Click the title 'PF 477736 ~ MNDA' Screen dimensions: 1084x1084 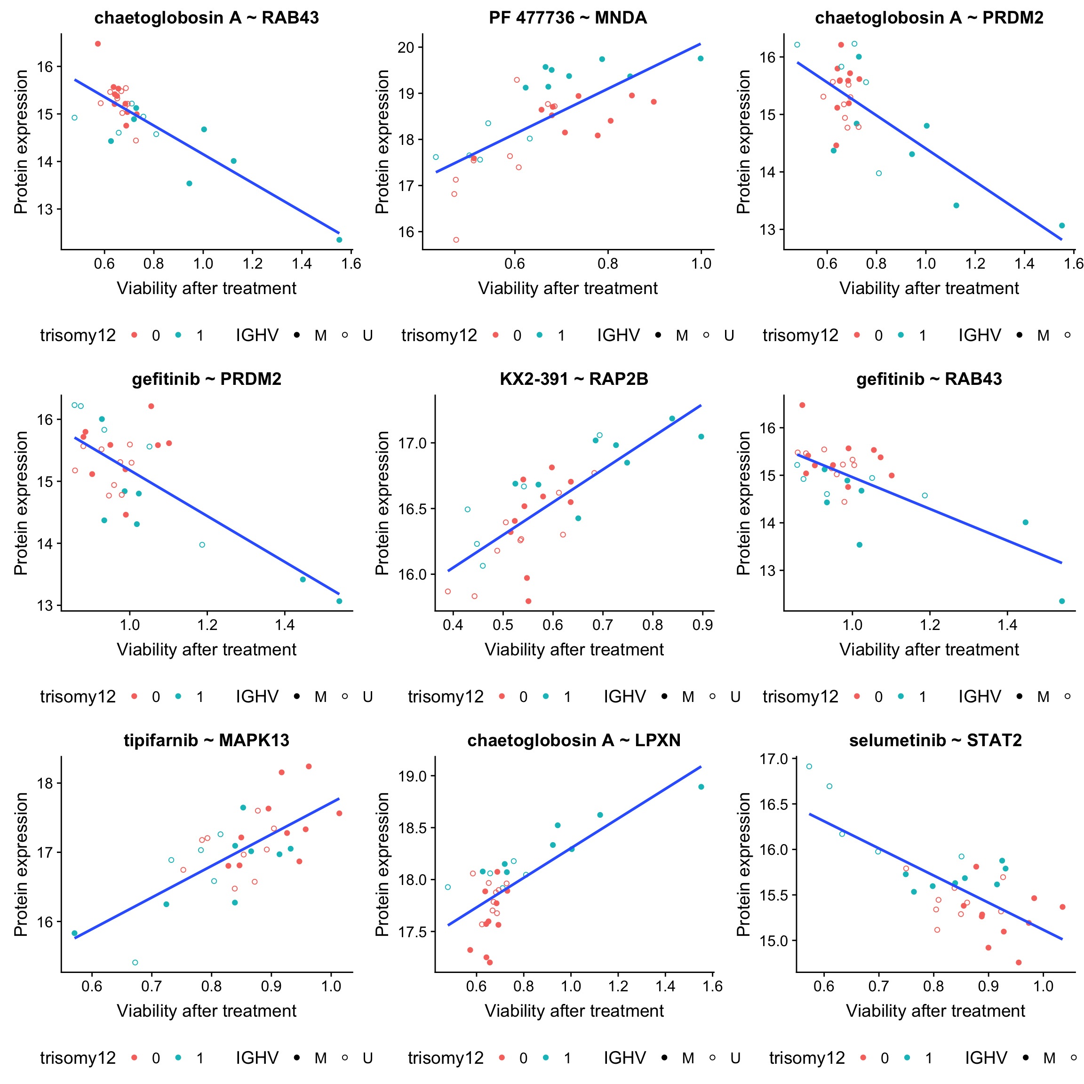coord(567,18)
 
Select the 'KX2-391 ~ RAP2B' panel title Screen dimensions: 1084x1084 coord(574,379)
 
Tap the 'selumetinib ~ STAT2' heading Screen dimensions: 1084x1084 coord(935,741)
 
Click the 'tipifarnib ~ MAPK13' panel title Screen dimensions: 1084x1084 coord(207,741)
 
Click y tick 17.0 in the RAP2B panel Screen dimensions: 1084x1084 coord(413,443)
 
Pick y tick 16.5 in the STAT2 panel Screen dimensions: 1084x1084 coord(774,805)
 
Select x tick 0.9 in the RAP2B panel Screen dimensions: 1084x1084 coord(702,625)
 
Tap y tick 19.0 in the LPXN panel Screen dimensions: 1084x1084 coord(413,776)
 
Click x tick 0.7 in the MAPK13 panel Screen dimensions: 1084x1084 coord(151,986)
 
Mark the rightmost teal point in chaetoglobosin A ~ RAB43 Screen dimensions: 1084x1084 coord(339,240)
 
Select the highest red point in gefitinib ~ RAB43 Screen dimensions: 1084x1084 coord(802,405)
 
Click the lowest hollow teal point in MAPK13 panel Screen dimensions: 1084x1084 coord(135,963)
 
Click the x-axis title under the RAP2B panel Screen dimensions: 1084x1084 coord(574,650)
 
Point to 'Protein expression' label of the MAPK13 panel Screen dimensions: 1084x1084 coord(21,864)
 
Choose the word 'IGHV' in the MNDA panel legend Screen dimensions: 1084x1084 coord(618,335)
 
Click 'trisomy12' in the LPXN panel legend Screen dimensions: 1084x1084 coord(446,1058)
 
